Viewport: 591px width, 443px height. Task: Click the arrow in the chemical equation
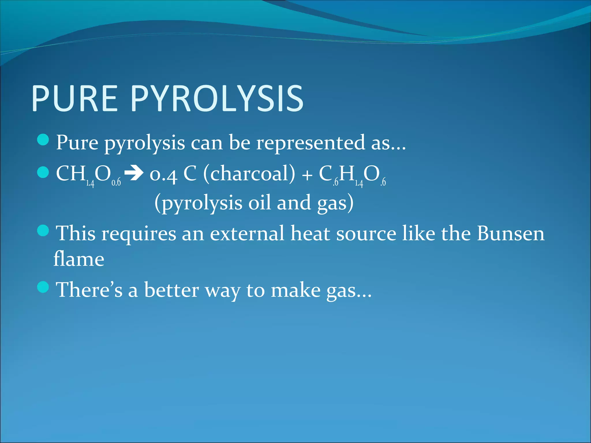tap(134, 174)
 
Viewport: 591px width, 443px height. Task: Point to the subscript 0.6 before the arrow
tap(116, 182)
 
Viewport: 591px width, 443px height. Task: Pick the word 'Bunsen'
tap(510, 233)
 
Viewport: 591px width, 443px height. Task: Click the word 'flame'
tap(79, 259)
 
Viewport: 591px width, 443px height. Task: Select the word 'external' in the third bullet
tap(247, 233)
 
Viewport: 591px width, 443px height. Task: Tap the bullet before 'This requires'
tap(43, 231)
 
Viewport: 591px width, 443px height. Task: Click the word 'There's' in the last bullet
tap(89, 290)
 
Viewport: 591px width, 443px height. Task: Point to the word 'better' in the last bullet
tap(171, 290)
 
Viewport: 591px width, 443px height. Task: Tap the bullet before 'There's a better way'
tap(43, 287)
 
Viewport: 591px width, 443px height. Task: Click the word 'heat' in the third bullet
tap(310, 233)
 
